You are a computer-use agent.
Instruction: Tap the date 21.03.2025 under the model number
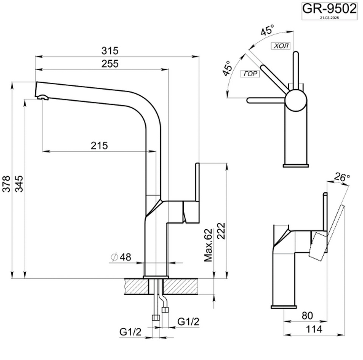coord(329,18)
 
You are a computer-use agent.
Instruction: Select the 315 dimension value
coord(110,50)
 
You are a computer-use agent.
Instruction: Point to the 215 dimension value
coord(99,145)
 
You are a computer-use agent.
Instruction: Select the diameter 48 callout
coord(121,257)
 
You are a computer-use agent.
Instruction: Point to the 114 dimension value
coord(313,329)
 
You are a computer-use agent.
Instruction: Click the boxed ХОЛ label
coord(281,46)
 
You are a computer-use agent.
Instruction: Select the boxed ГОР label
coord(250,74)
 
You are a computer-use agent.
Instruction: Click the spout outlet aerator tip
coord(43,98)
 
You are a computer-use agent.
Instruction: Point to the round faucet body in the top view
coord(295,100)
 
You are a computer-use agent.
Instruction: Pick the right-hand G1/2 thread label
coord(188,321)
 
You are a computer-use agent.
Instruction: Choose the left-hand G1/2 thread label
coord(130,332)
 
